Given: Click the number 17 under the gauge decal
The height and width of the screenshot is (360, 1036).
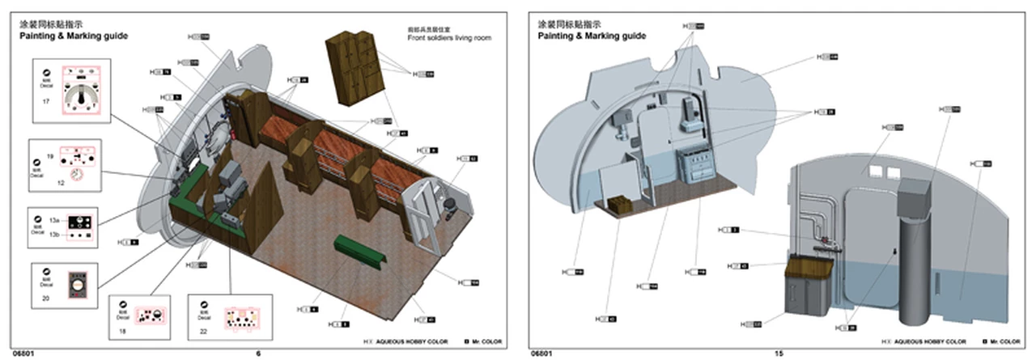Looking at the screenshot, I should (x=46, y=103).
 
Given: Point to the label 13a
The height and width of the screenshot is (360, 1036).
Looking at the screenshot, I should (x=54, y=220).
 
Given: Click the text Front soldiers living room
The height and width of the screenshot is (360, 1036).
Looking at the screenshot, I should (x=449, y=38).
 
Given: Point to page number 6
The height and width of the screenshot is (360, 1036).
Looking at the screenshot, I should (x=258, y=354).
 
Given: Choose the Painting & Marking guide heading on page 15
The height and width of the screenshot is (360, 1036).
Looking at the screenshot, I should (x=592, y=36).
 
